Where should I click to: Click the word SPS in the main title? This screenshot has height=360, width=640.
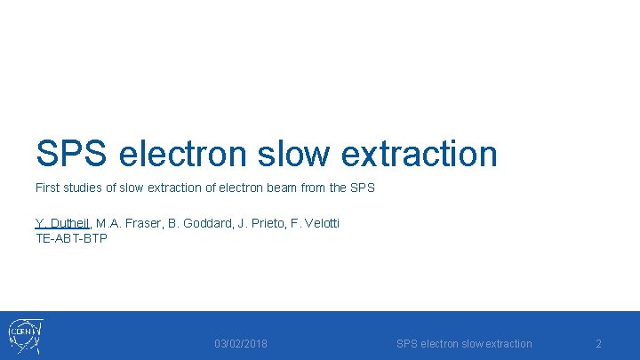tap(71, 154)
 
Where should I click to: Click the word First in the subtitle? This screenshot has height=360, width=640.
tap(48, 188)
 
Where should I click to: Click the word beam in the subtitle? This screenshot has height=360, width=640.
tap(283, 188)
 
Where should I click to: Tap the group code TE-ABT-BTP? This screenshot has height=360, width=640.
tap(71, 237)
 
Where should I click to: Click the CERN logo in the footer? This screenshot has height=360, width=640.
tap(25, 336)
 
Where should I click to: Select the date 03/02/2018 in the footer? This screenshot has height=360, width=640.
tap(241, 344)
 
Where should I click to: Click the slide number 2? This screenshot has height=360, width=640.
tap(598, 344)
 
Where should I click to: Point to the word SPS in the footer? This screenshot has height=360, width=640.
tap(406, 344)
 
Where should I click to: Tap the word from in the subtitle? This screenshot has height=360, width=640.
tap(315, 188)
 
